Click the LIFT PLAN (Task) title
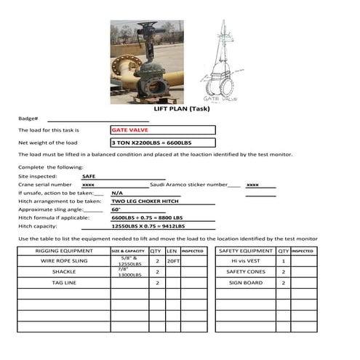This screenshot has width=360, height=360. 179,108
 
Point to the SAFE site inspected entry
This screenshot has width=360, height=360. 88,176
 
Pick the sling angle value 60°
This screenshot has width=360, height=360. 116,209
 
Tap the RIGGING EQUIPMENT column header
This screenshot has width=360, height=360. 63,251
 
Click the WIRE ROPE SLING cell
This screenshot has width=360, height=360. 63,260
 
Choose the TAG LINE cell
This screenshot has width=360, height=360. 63,282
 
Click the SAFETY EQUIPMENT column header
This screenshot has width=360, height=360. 246,251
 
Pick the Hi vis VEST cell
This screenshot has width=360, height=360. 246,260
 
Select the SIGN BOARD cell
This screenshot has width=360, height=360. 246,282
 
